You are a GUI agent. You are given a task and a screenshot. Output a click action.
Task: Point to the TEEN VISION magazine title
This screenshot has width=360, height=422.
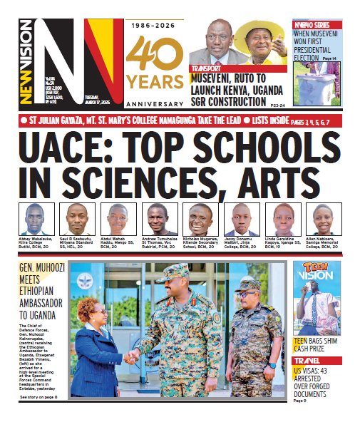(x=315, y=277)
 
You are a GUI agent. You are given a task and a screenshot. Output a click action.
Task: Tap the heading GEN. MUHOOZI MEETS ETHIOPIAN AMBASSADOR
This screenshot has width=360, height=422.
(x=43, y=291)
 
